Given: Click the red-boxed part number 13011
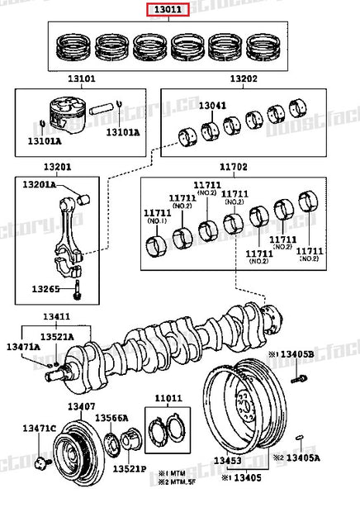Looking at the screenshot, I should pos(168,10).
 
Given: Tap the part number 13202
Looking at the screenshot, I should pos(243,79).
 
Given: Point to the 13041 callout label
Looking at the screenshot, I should pos(216,107).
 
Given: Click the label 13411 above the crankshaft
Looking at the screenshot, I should pos(56,316).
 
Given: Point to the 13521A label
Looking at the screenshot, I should pos(58,337).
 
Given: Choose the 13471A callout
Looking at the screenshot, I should pos(24,348).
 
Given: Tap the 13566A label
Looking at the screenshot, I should pos(112,418).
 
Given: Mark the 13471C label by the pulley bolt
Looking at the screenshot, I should pos(39,427).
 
